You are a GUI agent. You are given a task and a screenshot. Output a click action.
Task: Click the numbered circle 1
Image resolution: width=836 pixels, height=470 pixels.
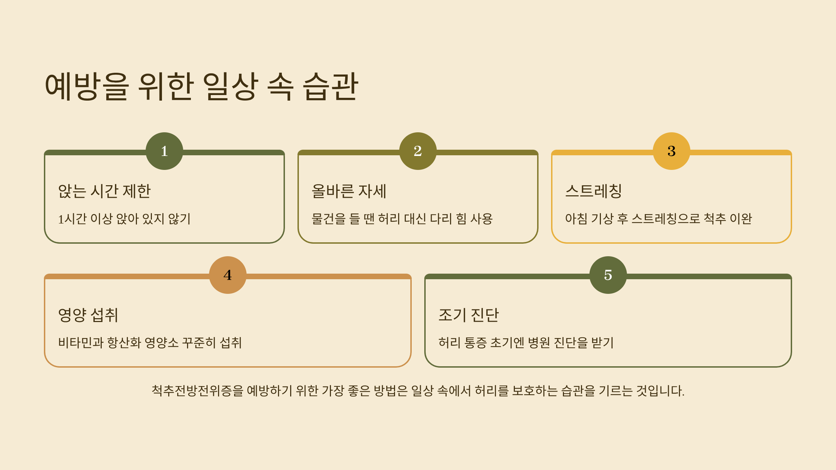click(164, 151)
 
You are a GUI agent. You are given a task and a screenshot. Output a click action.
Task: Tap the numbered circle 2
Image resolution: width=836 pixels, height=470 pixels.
click(418, 151)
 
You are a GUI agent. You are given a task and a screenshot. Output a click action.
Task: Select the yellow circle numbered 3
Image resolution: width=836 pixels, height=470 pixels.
click(671, 151)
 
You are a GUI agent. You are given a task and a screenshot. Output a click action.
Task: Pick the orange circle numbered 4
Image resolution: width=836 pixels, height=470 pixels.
click(228, 275)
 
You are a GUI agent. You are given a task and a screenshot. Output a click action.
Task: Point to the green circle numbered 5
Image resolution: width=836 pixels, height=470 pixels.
click(608, 275)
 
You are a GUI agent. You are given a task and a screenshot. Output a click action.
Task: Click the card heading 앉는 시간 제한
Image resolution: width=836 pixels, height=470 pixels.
click(104, 191)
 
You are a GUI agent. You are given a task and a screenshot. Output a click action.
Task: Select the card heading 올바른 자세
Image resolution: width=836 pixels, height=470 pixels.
click(349, 191)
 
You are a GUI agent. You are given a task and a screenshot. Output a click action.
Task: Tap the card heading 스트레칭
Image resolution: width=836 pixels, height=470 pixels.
click(594, 191)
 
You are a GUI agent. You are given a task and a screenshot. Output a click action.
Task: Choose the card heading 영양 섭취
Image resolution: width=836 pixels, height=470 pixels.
click(88, 315)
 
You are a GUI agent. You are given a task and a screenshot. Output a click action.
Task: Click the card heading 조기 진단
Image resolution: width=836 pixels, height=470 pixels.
click(469, 315)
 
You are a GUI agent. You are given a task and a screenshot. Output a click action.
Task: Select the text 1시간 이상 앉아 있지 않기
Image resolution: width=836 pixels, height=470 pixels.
click(124, 219)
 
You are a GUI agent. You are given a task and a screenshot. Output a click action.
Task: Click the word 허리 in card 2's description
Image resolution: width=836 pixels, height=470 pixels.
click(389, 219)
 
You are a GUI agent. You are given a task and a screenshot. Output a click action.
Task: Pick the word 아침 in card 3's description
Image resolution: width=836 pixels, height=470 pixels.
click(576, 219)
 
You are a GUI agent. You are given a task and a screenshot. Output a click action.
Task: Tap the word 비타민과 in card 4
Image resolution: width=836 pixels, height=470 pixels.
click(80, 343)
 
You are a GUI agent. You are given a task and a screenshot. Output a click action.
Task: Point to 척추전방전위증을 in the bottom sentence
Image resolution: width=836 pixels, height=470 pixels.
click(197, 391)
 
